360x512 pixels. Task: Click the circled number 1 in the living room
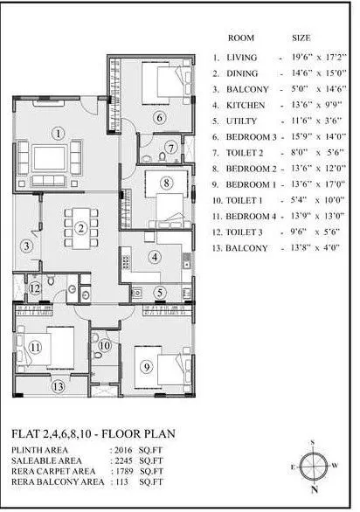click(x=58, y=134)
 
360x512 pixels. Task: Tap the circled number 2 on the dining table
click(x=80, y=229)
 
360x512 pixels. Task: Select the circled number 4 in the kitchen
click(x=154, y=257)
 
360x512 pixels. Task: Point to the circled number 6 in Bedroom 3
click(x=160, y=117)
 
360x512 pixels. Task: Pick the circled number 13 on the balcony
click(x=58, y=384)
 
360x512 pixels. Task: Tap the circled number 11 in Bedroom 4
click(x=35, y=347)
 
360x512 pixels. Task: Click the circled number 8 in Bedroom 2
click(x=166, y=183)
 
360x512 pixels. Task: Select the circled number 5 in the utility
click(x=160, y=293)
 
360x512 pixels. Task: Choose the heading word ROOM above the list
click(x=241, y=39)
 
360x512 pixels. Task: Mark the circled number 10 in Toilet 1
click(x=104, y=346)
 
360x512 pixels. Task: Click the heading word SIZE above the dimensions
click(x=300, y=39)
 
